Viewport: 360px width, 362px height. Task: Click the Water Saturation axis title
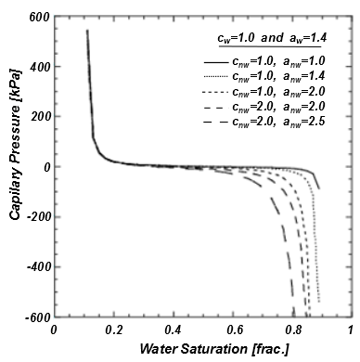point(201,351)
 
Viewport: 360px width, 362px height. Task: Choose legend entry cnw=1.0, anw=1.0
point(292,61)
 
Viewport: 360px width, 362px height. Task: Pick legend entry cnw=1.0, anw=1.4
point(292,78)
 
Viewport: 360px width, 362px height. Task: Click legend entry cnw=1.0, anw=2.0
point(292,94)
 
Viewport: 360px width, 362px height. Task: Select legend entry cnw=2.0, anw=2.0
point(292,110)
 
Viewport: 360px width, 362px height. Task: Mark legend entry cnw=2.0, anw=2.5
point(292,125)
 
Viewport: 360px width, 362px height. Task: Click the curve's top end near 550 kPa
point(87,31)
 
